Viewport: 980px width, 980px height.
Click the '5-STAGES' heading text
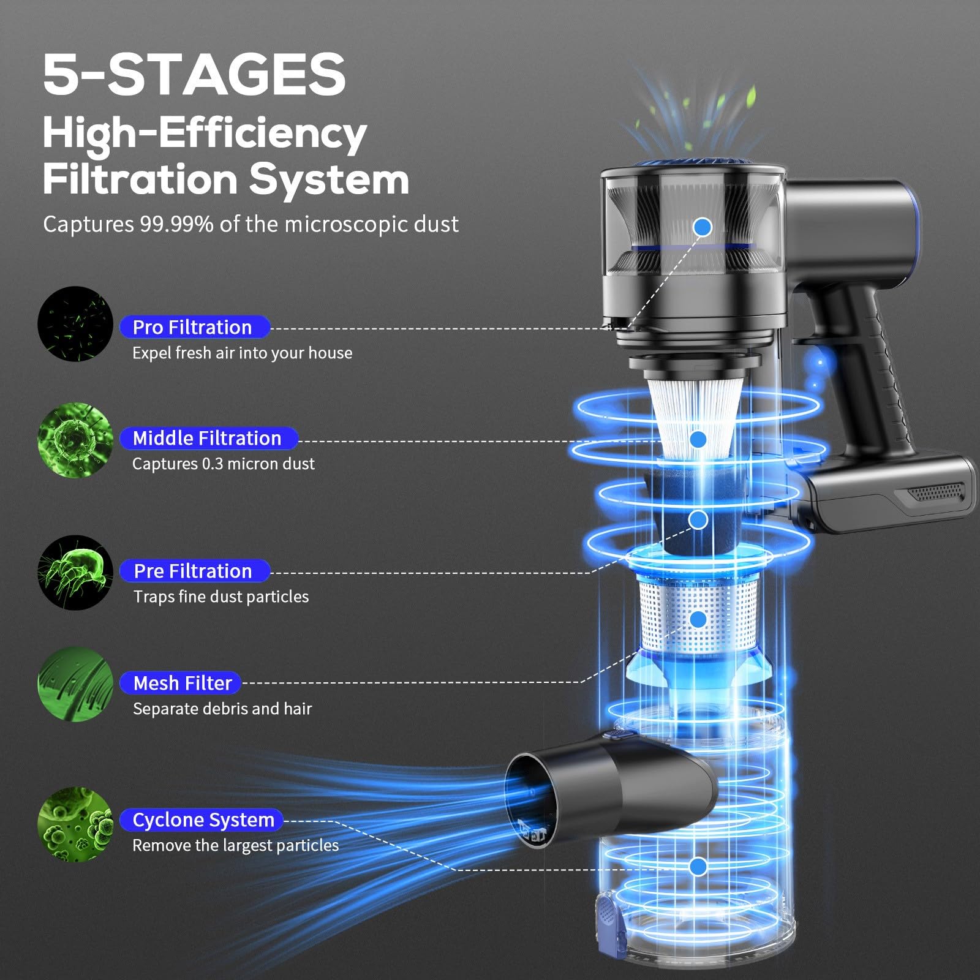pos(194,75)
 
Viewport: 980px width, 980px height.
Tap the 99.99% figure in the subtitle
pos(176,224)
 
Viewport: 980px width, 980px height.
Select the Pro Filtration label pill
pos(194,327)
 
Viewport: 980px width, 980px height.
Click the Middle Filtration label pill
pos(208,438)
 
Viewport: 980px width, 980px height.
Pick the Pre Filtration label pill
pos(194,571)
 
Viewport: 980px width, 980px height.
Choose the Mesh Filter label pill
pos(182,682)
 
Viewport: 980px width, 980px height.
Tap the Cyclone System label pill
pos(203,820)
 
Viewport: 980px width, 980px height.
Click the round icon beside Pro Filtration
pos(75,323)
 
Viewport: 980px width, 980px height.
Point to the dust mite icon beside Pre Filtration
pos(75,572)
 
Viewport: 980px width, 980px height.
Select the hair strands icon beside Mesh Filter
pos(75,684)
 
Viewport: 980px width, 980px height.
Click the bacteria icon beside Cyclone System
pos(75,824)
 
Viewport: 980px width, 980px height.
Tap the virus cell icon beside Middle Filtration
pos(75,440)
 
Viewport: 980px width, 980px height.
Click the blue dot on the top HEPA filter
pos(703,227)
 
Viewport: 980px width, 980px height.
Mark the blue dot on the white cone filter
pos(698,439)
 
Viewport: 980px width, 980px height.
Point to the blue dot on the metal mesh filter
pos(698,619)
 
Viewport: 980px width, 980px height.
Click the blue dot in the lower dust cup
pos(698,866)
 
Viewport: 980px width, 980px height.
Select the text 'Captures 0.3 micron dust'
pos(223,464)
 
